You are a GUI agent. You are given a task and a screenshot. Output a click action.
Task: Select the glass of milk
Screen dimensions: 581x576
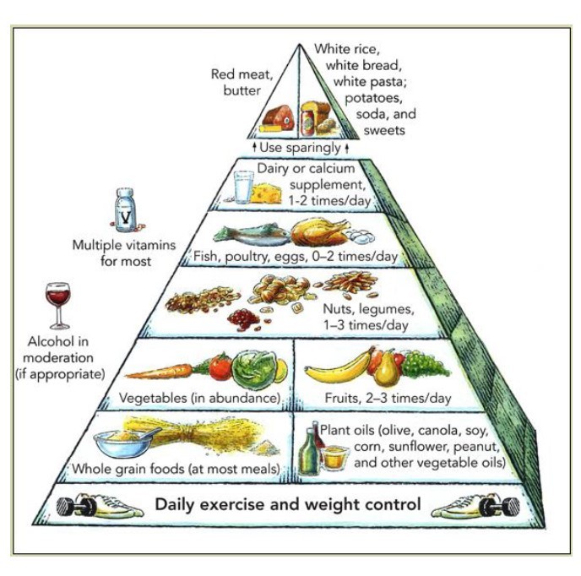pos(243,187)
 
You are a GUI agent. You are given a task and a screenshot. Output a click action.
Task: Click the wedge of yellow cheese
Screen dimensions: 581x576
pos(266,193)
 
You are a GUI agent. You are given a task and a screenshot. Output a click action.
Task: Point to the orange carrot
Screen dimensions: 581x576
pos(160,371)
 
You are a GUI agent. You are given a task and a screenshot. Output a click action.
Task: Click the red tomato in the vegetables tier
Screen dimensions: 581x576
pos(221,367)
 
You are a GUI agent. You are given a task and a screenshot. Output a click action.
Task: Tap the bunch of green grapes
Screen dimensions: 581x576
pos(424,364)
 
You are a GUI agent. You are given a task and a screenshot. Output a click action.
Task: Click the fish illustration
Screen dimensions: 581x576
pos(251,236)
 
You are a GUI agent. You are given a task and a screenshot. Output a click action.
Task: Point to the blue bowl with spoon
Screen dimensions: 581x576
pos(124,443)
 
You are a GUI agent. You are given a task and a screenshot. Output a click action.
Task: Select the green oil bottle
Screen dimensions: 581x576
pos(310,452)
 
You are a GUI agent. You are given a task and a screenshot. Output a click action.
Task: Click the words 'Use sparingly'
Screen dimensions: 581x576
pos(300,148)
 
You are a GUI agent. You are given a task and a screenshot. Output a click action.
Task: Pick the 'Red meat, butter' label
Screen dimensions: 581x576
pos(242,82)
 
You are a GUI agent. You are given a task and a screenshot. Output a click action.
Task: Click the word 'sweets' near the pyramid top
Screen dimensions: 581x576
pos(384,130)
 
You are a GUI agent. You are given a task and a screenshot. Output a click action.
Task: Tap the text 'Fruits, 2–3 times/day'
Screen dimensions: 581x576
pos(388,398)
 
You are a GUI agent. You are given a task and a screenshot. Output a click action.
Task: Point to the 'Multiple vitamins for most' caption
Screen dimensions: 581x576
pos(124,253)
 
